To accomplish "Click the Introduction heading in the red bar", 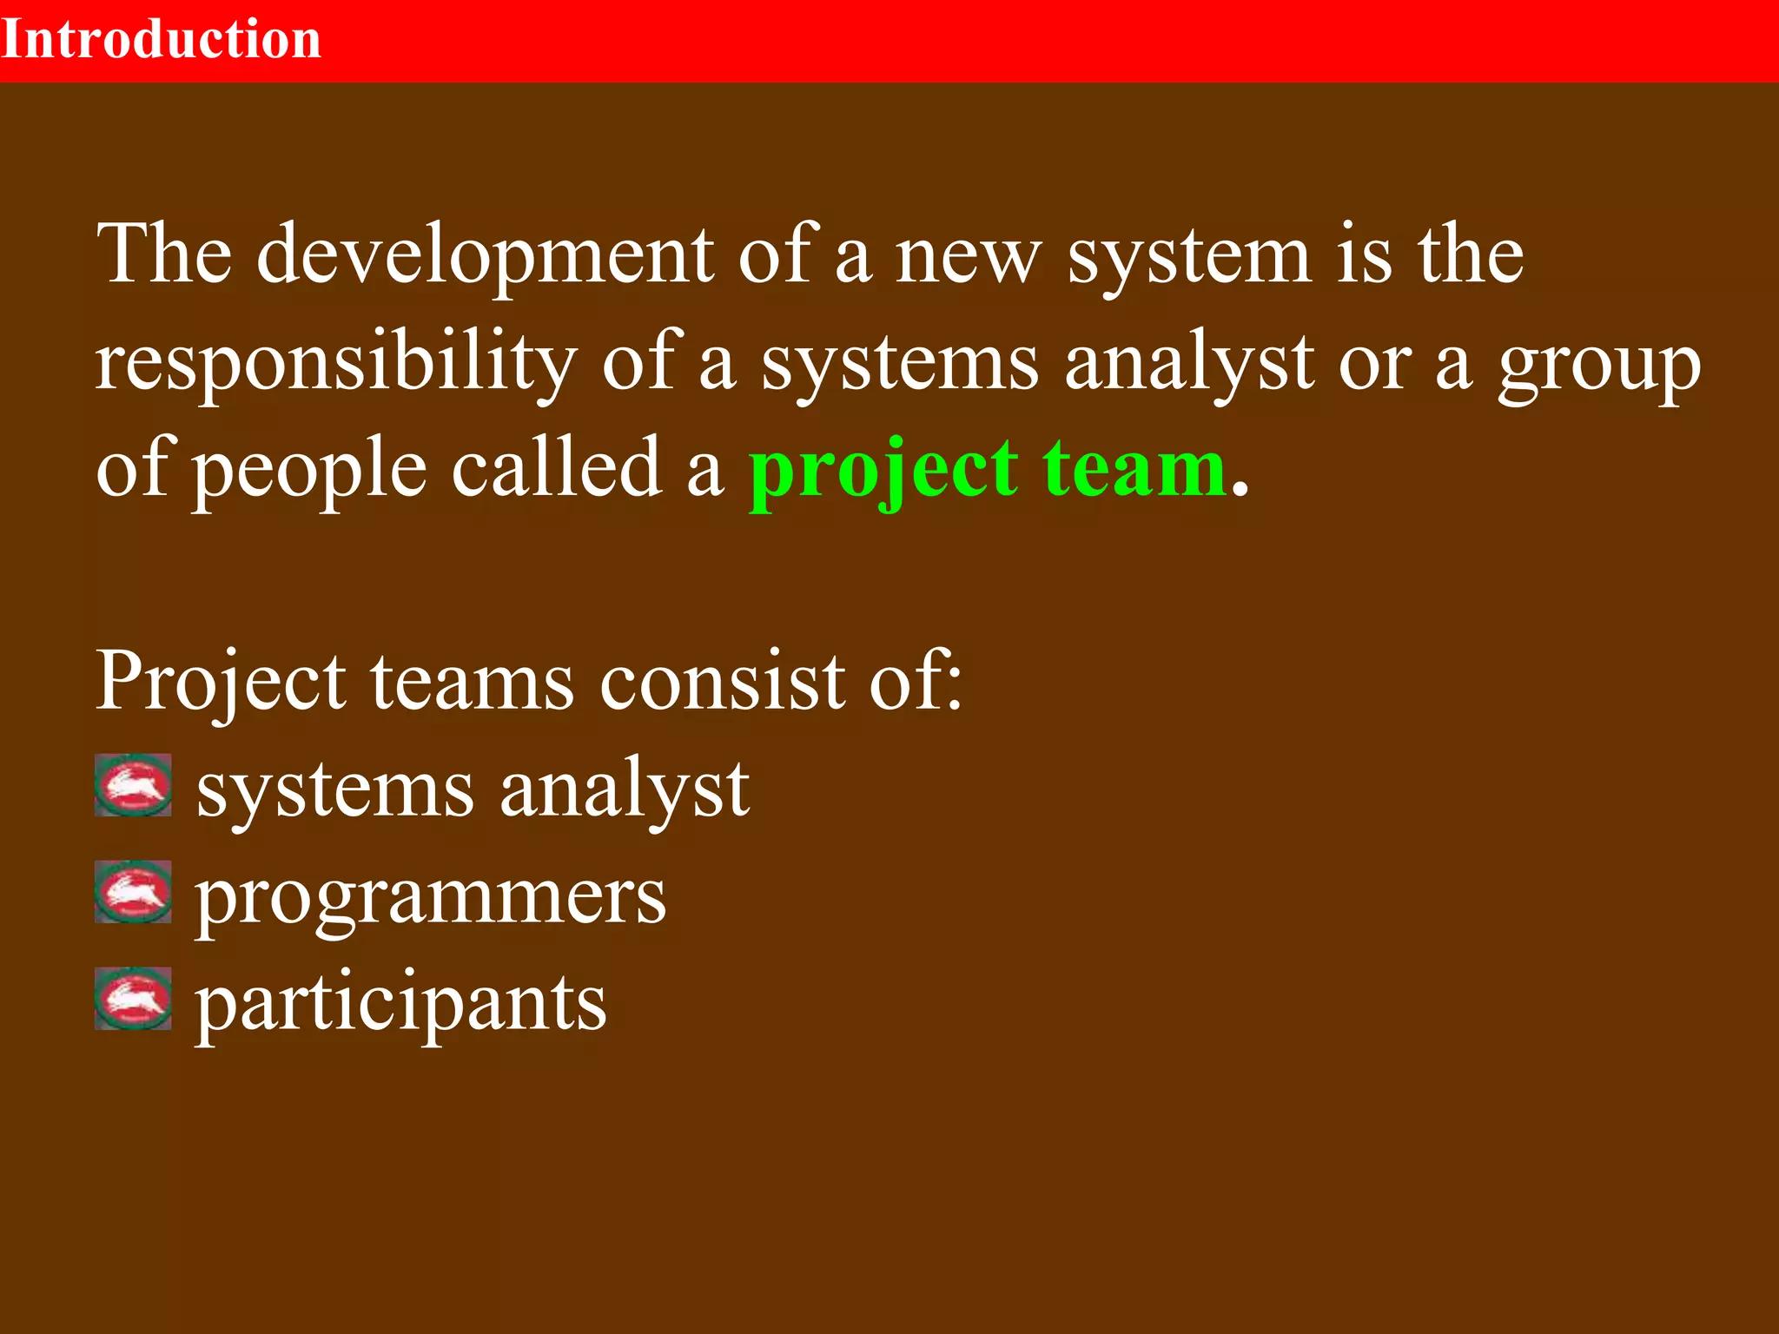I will pos(162,40).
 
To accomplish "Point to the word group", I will pos(1599,365).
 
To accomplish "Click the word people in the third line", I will pos(308,471).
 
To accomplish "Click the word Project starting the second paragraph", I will pos(221,682).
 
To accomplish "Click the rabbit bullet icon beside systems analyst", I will pos(133,786).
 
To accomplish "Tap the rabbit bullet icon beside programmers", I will pos(133,892).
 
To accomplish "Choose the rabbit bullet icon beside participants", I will pos(133,999).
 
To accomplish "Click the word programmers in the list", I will pos(431,899).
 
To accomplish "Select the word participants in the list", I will pos(400,1005).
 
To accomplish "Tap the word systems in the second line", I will pos(899,365).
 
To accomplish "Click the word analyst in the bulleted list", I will pos(625,790).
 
